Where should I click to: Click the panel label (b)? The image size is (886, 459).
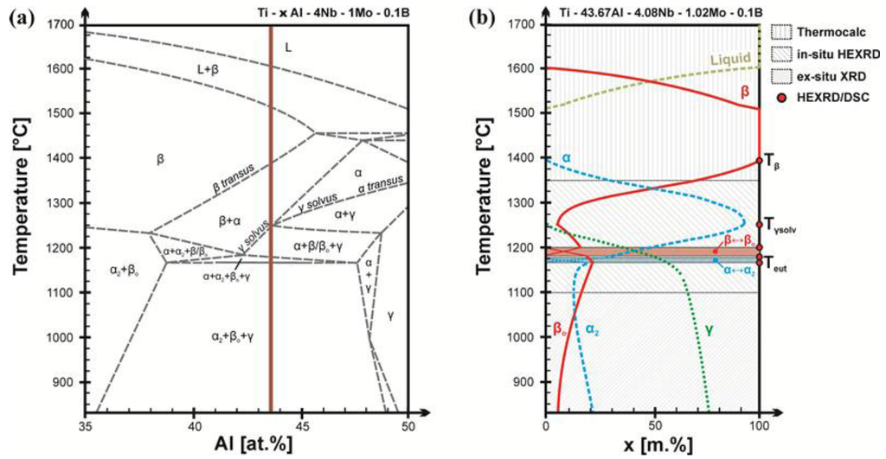click(483, 17)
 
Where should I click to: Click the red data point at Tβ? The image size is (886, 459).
click(759, 160)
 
